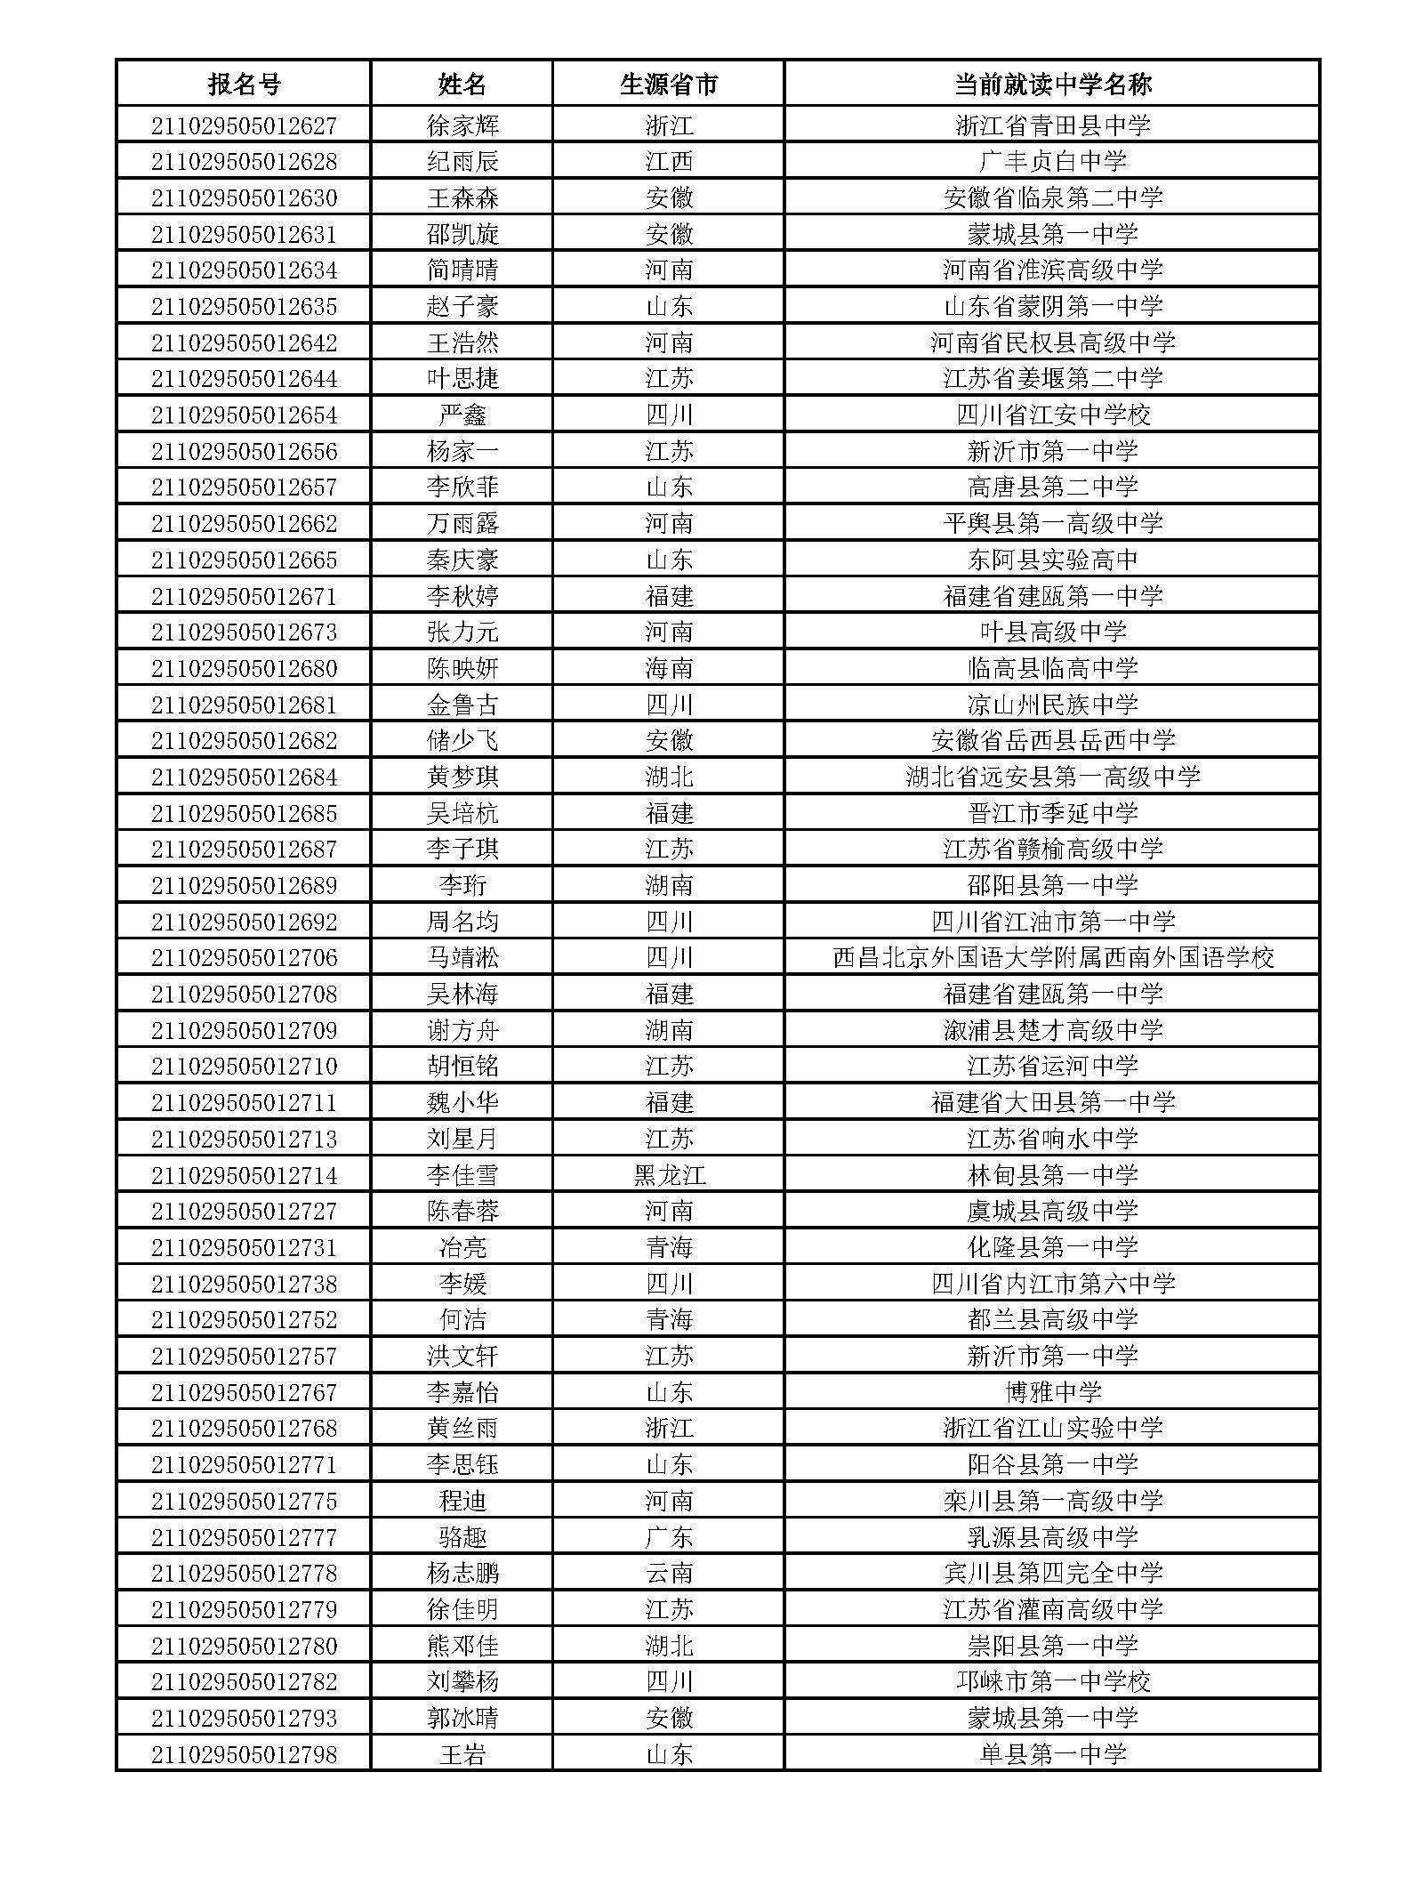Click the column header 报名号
pos(244,85)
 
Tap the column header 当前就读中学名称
pos(1052,85)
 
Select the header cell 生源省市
pos(668,85)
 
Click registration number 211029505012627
pos(244,125)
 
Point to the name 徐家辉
pos(462,125)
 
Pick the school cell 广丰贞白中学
pos(1052,162)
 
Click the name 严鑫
pos(462,415)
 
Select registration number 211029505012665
pos(244,560)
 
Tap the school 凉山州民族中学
pos(1052,705)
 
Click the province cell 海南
pos(668,669)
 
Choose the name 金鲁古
pos(462,705)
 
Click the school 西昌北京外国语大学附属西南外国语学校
pos(1052,958)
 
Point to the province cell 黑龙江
pos(668,1176)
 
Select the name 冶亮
pos(462,1248)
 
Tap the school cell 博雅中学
pos(1052,1393)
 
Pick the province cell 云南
pos(668,1574)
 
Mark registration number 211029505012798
pos(244,1755)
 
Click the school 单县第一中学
pos(1052,1755)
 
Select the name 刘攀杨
pos(462,1682)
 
